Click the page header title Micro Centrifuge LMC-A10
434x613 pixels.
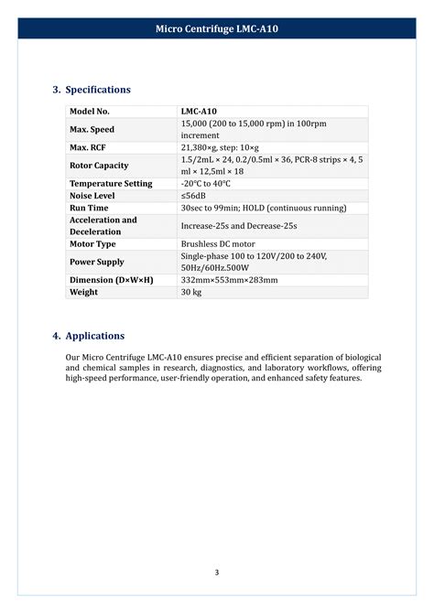click(217, 29)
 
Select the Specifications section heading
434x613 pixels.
click(92, 90)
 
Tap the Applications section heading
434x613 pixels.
click(89, 336)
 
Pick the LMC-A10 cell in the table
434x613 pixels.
click(199, 112)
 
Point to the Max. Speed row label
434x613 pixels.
click(92, 129)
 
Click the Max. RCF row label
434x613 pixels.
click(89, 146)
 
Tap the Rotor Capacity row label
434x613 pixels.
click(99, 166)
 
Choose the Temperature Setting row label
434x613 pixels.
click(111, 183)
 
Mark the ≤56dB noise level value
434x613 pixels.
click(195, 196)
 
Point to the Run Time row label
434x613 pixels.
click(89, 208)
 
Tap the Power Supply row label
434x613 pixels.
click(97, 262)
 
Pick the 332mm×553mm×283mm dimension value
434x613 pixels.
click(229, 280)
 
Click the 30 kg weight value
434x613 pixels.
click(190, 292)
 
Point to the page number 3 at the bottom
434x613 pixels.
click(217, 573)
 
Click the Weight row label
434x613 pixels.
click(83, 292)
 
